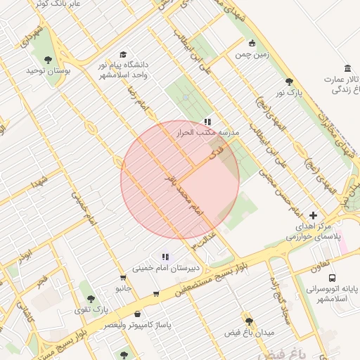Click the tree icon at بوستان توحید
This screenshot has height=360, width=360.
pyautogui.click(x=49, y=60)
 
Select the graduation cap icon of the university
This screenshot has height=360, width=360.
pyautogui.click(x=124, y=54)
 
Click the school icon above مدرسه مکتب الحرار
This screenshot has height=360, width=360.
pyautogui.click(x=207, y=122)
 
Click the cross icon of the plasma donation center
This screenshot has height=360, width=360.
pyautogui.click(x=313, y=215)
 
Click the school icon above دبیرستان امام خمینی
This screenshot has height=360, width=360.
pyautogui.click(x=165, y=257)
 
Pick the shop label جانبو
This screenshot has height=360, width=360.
pyautogui.click(x=124, y=288)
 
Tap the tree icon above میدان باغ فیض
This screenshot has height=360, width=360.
pyautogui.click(x=247, y=319)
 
